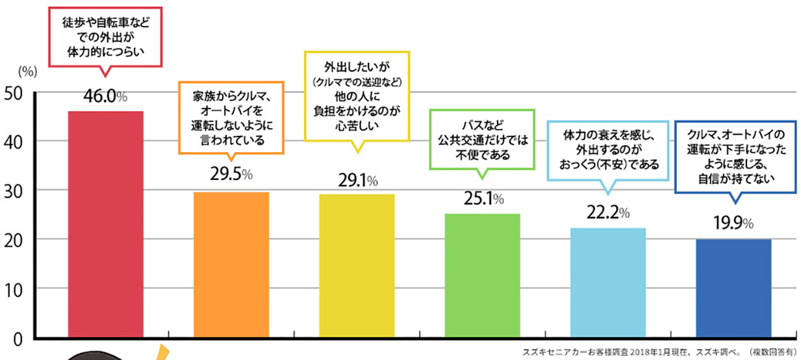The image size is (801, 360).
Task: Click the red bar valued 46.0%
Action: click(x=106, y=224)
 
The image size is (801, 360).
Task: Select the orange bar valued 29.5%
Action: click(x=231, y=264)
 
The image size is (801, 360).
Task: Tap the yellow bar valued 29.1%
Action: click(x=357, y=266)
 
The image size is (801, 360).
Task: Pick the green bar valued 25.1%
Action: click(x=482, y=276)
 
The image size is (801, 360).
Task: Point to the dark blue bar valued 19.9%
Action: click(x=733, y=289)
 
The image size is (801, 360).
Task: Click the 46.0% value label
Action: click(x=105, y=97)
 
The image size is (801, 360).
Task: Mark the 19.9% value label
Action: click(x=732, y=225)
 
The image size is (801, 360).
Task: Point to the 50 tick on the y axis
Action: click(x=14, y=92)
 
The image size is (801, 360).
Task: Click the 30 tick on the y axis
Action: click(x=14, y=190)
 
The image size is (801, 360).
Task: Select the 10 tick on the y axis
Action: click(x=14, y=289)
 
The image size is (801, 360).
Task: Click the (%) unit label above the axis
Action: click(x=28, y=70)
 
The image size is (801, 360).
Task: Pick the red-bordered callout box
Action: click(x=106, y=36)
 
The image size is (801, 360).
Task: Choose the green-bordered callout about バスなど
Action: click(x=482, y=139)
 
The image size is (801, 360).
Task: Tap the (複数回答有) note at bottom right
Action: click(x=772, y=352)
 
